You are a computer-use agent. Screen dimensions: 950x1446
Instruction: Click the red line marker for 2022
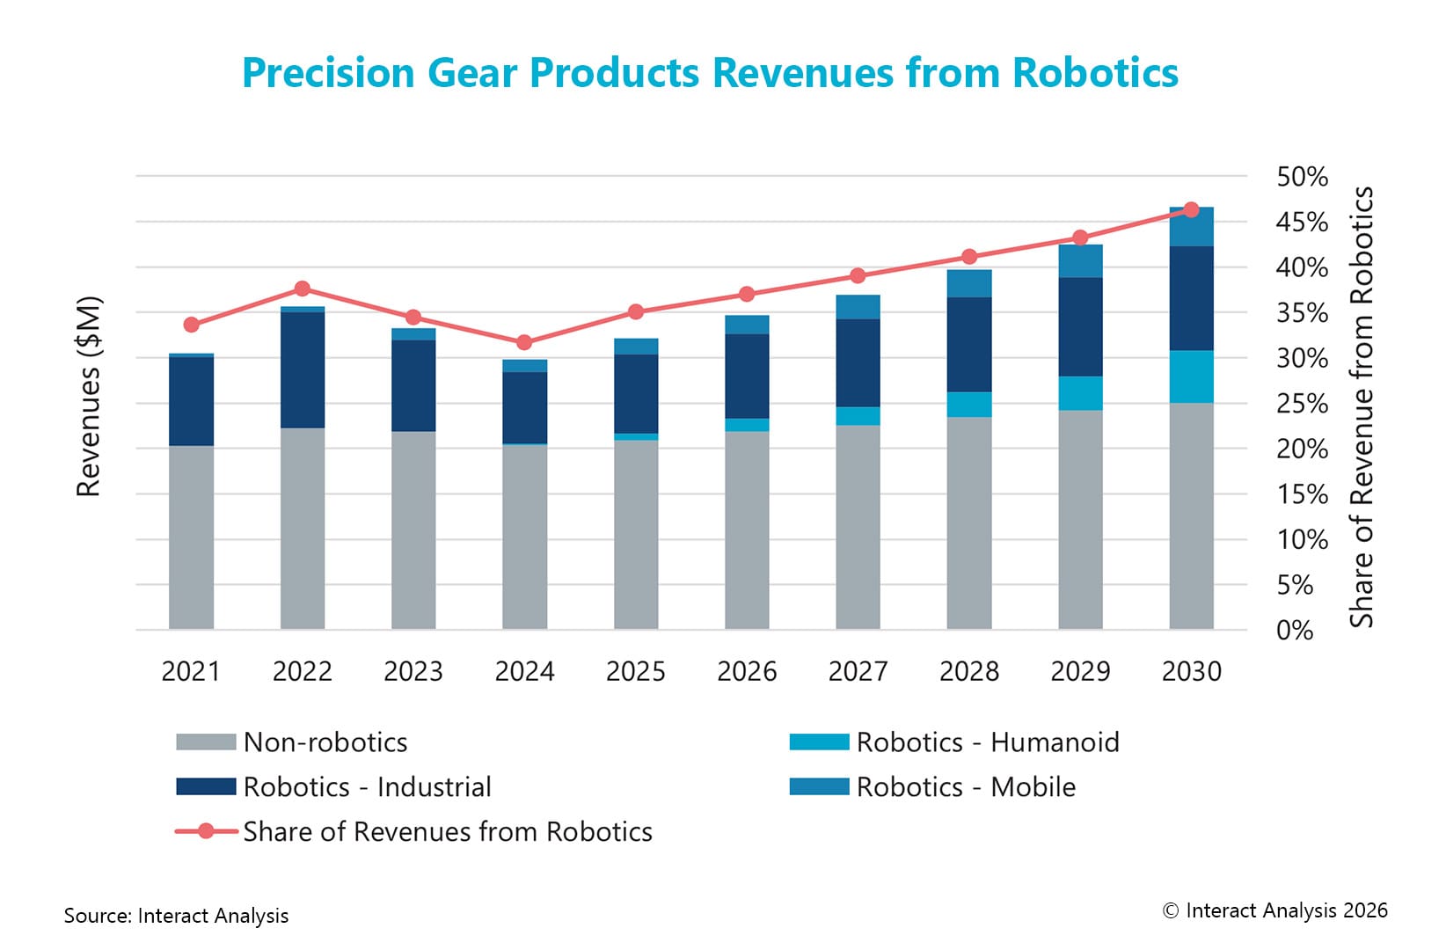click(x=303, y=289)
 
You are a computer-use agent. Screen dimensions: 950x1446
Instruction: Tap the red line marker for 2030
click(x=1191, y=209)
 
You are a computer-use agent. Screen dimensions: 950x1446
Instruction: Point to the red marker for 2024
click(x=524, y=342)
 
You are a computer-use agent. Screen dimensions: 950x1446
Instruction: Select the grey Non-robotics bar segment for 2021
click(x=192, y=537)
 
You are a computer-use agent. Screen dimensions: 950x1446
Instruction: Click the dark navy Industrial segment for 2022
click(x=303, y=369)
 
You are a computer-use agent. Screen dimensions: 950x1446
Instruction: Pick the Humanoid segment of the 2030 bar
click(x=1191, y=376)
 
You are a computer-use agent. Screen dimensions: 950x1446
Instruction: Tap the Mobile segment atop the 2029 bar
click(x=1080, y=261)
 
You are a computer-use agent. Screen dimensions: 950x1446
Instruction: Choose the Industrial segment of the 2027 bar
click(x=858, y=362)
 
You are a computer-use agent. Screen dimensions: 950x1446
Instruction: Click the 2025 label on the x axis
click(x=635, y=671)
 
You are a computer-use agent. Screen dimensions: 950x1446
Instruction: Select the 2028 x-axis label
click(x=968, y=671)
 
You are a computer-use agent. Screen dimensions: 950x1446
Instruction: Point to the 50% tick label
click(x=1302, y=177)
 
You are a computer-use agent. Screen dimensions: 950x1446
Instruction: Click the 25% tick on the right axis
click(x=1302, y=404)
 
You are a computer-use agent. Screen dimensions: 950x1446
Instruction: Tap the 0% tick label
click(x=1295, y=630)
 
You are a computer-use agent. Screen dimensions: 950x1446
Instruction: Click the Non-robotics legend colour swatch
click(x=206, y=742)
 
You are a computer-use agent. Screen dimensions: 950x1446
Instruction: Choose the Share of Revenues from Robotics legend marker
click(x=206, y=831)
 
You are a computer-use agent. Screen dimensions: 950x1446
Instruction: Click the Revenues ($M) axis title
click(x=89, y=397)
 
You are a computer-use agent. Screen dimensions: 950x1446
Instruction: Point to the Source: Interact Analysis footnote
click(x=176, y=916)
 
